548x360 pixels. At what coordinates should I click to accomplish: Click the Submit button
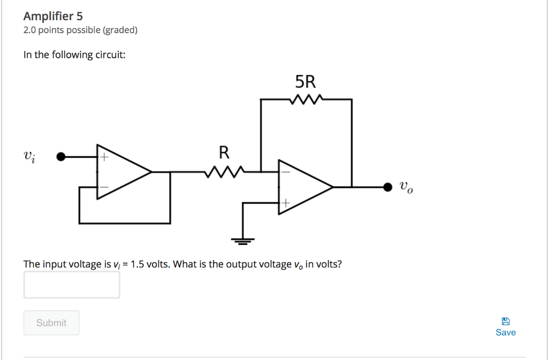click(51, 323)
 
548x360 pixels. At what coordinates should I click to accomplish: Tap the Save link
click(506, 332)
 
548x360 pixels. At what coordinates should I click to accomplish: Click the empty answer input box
click(72, 285)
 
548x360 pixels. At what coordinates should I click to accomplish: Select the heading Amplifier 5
click(53, 16)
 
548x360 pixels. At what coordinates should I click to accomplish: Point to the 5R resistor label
click(306, 82)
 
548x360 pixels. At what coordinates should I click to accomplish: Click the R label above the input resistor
click(224, 153)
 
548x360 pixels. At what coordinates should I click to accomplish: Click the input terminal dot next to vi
click(62, 157)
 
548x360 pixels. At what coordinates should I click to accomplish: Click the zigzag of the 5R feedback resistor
click(306, 99)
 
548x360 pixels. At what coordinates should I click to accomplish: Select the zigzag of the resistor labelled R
click(224, 172)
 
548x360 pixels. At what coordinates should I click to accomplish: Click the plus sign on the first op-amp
click(105, 158)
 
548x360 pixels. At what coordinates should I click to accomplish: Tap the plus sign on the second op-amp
click(286, 203)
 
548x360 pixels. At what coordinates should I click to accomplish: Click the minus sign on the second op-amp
click(286, 172)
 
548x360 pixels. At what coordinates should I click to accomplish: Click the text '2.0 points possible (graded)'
click(80, 30)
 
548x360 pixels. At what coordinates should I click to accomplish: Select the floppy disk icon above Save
click(506, 321)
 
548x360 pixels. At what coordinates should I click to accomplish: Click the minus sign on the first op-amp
click(105, 187)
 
